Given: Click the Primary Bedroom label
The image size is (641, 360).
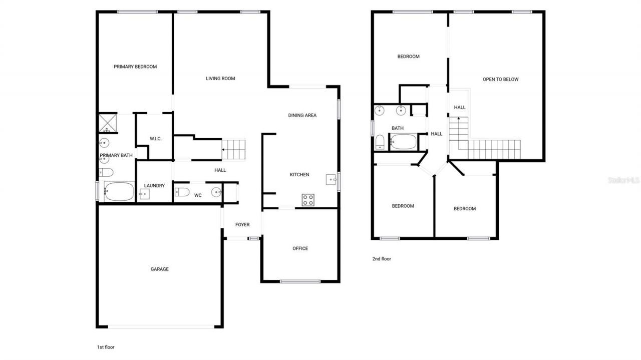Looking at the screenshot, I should [135, 67].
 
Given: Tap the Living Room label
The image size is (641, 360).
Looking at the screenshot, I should [220, 79].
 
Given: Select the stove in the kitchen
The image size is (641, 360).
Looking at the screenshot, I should [308, 200].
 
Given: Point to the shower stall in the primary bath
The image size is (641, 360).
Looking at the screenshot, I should [107, 122].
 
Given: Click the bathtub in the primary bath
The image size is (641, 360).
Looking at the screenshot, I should [119, 191].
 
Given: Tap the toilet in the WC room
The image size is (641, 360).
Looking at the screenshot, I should [182, 192].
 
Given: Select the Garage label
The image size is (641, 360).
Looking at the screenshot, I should [160, 269].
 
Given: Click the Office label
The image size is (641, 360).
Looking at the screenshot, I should [300, 249].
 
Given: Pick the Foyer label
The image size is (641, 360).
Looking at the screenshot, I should [242, 225].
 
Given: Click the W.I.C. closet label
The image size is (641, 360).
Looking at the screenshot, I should [155, 139].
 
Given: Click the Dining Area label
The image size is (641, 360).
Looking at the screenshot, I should [302, 116].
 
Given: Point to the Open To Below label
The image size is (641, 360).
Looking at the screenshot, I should [500, 80].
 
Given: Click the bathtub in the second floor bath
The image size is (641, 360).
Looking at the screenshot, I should [403, 142].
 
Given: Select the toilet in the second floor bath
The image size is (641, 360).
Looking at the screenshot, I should [380, 142].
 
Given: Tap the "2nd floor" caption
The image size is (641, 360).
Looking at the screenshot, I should [382, 259].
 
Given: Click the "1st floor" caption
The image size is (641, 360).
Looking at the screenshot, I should [106, 346].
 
